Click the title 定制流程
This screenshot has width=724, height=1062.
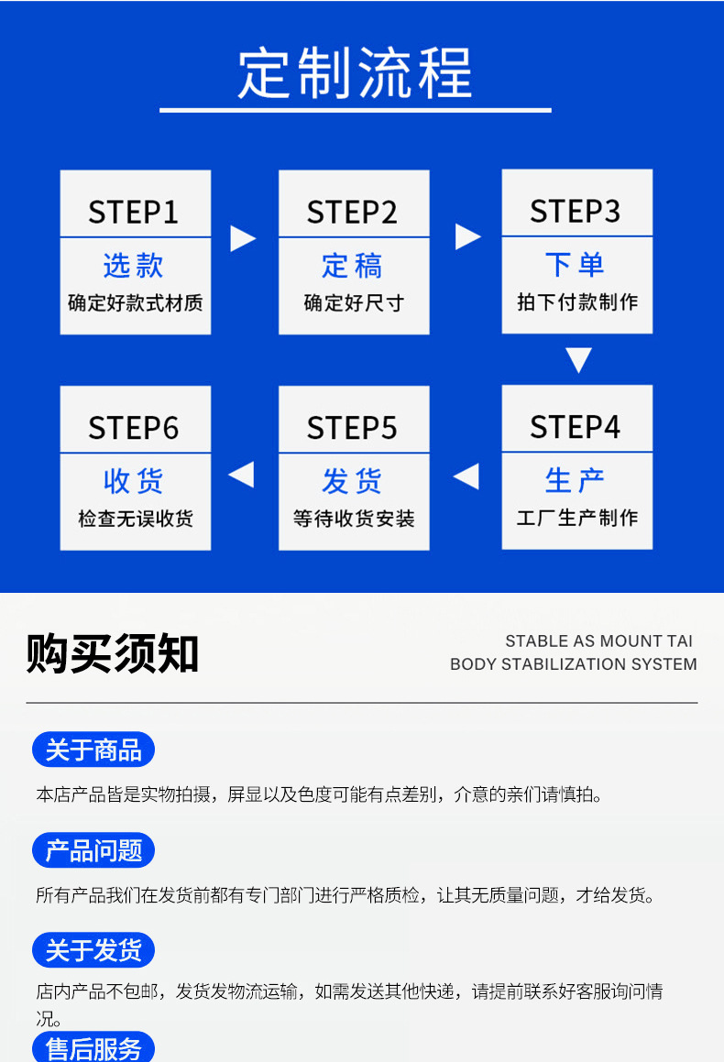[355, 72]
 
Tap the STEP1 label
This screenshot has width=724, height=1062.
[134, 212]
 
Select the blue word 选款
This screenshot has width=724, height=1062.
[134, 266]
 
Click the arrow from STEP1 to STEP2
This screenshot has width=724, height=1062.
[242, 238]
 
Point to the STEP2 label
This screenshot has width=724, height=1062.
[353, 212]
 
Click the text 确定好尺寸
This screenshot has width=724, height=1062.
[354, 302]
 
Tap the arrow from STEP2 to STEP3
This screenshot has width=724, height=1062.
[467, 236]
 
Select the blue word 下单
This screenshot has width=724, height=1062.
[576, 265]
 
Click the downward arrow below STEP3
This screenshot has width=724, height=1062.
[578, 359]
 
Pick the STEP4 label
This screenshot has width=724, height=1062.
[576, 427]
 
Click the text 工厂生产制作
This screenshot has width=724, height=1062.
[576, 518]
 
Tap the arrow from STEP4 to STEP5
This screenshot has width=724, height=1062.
[466, 476]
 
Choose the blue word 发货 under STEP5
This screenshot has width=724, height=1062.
[353, 481]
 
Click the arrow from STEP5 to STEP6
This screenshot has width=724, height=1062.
[241, 475]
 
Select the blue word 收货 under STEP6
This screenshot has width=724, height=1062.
[134, 481]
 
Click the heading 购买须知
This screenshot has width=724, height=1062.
[113, 653]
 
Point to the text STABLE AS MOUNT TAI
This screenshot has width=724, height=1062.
[599, 641]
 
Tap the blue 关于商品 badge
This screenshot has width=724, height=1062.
[93, 750]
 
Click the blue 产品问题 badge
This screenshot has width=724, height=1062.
[93, 851]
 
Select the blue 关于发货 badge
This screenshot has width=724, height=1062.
[93, 950]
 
